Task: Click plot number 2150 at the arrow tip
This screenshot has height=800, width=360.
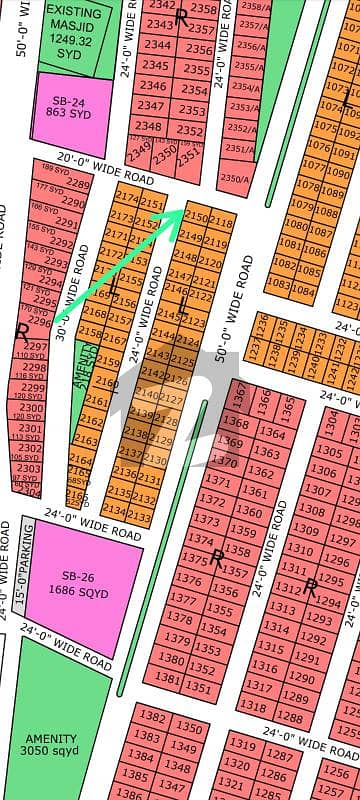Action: [x=196, y=217]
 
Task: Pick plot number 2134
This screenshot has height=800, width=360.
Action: [x=115, y=511]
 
